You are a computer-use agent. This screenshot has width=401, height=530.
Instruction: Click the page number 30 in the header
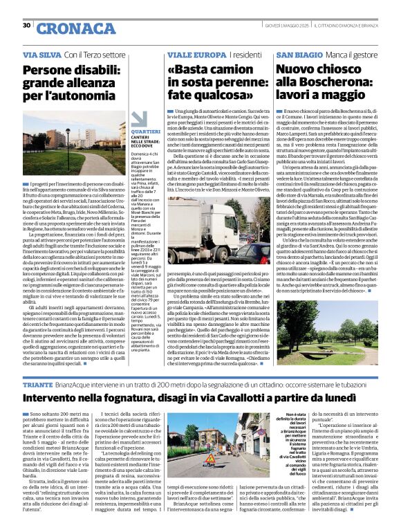[27, 25]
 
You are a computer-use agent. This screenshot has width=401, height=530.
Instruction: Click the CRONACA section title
[66, 28]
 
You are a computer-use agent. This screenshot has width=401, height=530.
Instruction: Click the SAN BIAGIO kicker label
[299, 54]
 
